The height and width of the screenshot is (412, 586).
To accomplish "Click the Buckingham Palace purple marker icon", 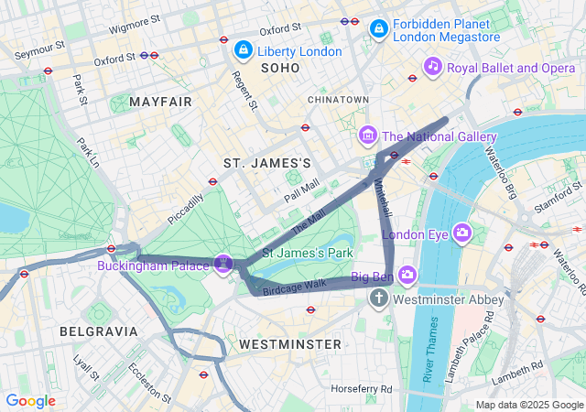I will [222, 265].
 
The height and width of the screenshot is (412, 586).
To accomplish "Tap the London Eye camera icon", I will [462, 233].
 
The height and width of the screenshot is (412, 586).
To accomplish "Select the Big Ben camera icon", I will [407, 275].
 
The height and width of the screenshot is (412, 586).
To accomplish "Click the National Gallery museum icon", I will [368, 136].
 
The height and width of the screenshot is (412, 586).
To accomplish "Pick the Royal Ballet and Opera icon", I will [433, 66].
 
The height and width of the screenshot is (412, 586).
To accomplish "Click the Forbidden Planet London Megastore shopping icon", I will [377, 30].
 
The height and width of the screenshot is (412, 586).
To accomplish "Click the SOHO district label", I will [280, 69].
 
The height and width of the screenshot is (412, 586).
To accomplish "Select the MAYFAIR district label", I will [161, 102].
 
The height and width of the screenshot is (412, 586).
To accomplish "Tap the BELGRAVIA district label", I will [98, 331].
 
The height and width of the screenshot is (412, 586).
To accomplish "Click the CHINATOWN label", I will [338, 99].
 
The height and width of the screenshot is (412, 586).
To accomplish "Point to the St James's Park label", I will [308, 252].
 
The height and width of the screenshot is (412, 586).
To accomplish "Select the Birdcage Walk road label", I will [294, 286].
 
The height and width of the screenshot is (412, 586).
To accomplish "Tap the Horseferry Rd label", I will [362, 389].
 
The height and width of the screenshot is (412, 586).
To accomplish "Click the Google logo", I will [30, 401].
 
